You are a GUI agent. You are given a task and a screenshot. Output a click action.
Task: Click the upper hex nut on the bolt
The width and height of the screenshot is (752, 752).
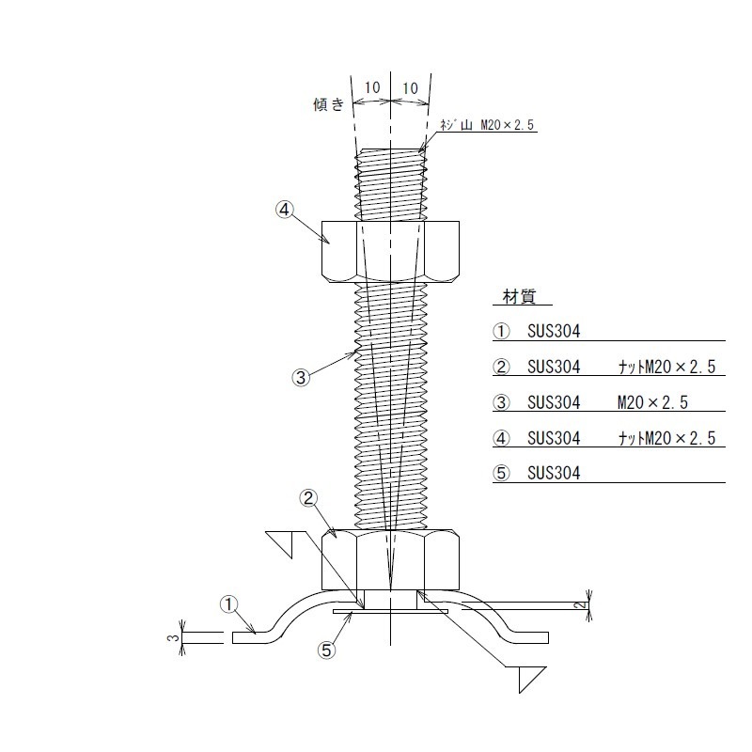[x=390, y=251]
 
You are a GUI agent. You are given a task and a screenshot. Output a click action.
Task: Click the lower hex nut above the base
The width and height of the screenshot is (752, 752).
[x=390, y=559]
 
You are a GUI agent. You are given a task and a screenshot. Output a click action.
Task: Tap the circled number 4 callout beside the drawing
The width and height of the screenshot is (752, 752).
[x=285, y=210]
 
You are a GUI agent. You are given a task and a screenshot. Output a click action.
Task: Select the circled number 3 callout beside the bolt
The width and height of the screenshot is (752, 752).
[x=301, y=377]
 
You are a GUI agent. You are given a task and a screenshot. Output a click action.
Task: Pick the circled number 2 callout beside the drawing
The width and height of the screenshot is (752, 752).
[x=308, y=498]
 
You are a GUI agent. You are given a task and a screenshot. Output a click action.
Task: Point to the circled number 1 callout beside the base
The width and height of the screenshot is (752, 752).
[x=228, y=603]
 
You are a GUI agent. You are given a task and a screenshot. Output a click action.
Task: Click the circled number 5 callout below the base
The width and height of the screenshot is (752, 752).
[x=326, y=650]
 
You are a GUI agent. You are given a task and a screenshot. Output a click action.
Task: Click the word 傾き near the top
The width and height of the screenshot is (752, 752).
[x=328, y=104]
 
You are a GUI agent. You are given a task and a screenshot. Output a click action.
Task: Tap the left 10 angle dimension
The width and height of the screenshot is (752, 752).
[x=372, y=87]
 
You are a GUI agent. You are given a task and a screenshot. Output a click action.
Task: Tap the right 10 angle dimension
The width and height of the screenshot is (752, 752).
[x=410, y=88]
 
